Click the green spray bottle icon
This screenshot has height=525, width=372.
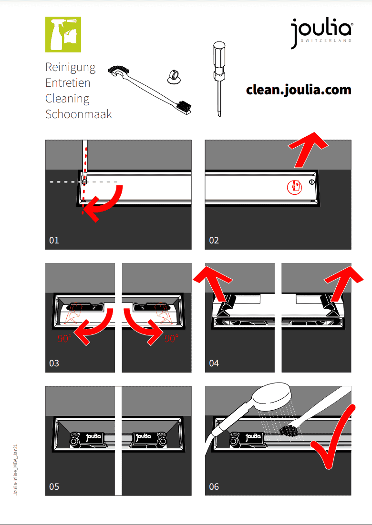click(63, 34)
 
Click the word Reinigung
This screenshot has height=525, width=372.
click(71, 67)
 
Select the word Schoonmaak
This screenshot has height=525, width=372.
click(78, 114)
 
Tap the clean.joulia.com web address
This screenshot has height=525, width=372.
click(299, 90)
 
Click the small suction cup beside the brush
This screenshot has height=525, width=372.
click(175, 76)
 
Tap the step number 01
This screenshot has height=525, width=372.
click(54, 241)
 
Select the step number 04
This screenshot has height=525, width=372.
click(214, 363)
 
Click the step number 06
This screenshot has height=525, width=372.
click(214, 486)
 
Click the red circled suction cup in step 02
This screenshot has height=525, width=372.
click(295, 186)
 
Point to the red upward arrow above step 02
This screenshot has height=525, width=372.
click(307, 149)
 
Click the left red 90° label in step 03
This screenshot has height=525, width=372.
click(64, 339)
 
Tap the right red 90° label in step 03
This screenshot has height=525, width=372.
click(171, 339)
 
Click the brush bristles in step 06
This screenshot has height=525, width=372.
click(289, 431)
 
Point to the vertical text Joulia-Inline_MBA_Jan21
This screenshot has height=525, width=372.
click(15, 469)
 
